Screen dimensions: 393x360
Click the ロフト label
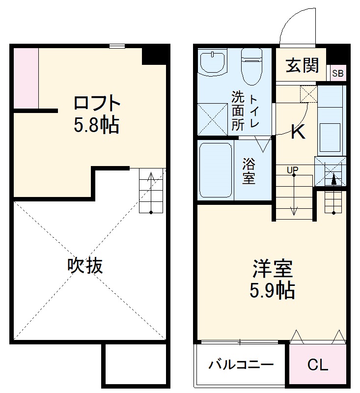pyautogui.click(x=96, y=104)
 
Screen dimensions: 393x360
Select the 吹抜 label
pyautogui.click(x=85, y=266)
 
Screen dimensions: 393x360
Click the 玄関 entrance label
pyautogui.click(x=303, y=65)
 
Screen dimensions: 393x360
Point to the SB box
pyautogui.click(x=337, y=74)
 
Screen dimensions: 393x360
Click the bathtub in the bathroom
pyautogui.click(x=216, y=170)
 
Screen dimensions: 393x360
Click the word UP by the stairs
pyautogui.click(x=293, y=170)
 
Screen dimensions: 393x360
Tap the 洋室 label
pyautogui.click(x=273, y=269)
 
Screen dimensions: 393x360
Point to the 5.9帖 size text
pyautogui.click(x=273, y=291)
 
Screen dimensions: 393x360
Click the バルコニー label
pyautogui.click(x=241, y=365)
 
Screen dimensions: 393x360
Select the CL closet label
pyautogui.click(x=318, y=365)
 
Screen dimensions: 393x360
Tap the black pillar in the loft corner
pyautogui.click(x=155, y=55)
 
